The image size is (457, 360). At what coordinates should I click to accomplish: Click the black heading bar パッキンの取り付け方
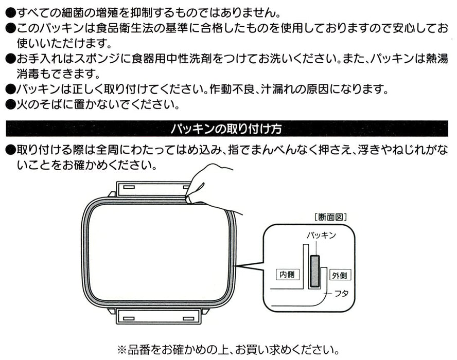(227, 129)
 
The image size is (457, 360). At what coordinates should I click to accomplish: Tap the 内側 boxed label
(287, 274)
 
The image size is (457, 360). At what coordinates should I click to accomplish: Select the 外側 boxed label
(340, 275)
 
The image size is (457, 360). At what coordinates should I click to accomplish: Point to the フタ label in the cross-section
(341, 294)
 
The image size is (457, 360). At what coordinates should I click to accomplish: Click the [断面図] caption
(330, 217)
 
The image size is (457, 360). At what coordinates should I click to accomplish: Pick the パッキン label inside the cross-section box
(321, 235)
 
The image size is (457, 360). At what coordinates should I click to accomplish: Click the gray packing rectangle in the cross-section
(315, 271)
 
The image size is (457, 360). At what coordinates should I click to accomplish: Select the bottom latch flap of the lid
(159, 316)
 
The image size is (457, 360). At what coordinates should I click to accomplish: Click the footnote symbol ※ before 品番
(121, 349)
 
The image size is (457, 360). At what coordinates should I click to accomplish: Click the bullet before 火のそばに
(10, 104)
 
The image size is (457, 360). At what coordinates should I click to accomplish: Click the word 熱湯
(436, 59)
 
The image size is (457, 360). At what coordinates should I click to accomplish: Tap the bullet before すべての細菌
(10, 13)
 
